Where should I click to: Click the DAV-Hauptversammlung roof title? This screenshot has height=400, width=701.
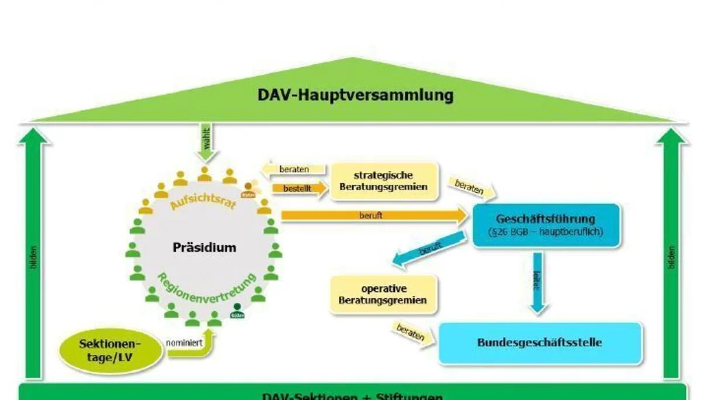tap(355, 95)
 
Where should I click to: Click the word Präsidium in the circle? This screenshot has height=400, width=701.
tap(204, 247)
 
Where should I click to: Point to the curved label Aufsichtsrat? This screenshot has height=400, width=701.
tap(203, 196)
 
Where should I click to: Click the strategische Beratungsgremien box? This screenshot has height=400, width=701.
tap(383, 181)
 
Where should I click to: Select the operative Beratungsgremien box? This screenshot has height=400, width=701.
tap(383, 295)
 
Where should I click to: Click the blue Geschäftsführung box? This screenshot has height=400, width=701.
tap(546, 225)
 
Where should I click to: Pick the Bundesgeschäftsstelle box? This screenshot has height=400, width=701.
tap(540, 343)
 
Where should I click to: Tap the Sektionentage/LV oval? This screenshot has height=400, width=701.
tap(110, 350)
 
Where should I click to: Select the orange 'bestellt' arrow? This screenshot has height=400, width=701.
tap(298, 189)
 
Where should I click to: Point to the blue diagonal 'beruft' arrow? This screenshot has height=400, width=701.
tap(429, 250)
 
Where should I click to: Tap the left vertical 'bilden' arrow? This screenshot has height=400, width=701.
tap(34, 257)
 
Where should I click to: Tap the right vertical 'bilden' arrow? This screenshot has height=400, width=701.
tap(671, 257)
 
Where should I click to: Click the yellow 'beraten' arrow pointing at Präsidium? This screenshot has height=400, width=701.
tap(293, 170)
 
